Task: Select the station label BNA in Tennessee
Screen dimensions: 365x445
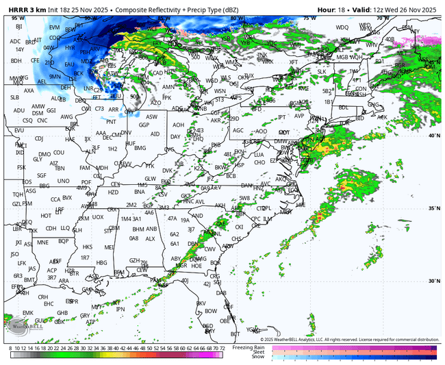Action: [x=140, y=192]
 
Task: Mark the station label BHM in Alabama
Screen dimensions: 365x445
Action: [x=138, y=229]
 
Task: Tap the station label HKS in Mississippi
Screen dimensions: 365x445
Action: [x=87, y=247]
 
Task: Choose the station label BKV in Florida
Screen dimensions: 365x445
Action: [x=201, y=303]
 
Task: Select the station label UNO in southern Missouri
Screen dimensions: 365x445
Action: [x=63, y=181]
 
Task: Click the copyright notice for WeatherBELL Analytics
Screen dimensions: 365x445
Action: [x=349, y=339]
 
